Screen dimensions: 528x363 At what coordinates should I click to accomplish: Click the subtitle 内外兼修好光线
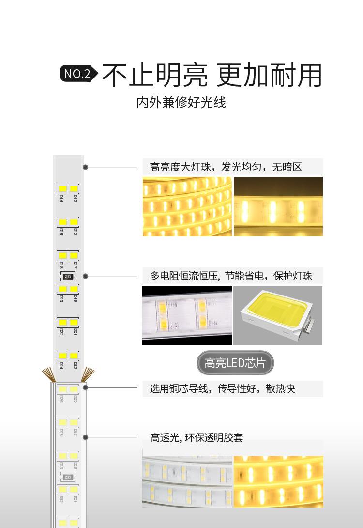(x=181, y=103)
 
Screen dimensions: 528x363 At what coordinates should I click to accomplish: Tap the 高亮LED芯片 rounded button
(x=235, y=363)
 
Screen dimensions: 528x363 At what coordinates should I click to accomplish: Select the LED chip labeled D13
(x=74, y=188)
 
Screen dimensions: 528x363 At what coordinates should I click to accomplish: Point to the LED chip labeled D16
(x=62, y=222)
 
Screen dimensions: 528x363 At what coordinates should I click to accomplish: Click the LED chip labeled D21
(x=74, y=322)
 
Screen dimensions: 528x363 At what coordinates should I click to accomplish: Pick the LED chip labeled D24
(x=62, y=355)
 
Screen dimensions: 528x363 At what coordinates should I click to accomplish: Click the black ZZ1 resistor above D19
(x=68, y=277)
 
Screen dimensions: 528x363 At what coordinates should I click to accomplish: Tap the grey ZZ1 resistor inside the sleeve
(x=68, y=477)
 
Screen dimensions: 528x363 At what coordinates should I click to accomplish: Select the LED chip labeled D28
(x=62, y=422)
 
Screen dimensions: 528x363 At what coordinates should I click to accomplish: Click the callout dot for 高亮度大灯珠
(x=85, y=167)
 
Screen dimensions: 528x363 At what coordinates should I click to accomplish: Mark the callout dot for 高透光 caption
(x=85, y=437)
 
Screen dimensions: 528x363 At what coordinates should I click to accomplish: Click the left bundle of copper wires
(x=47, y=374)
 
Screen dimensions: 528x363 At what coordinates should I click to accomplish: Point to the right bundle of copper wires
(x=88, y=374)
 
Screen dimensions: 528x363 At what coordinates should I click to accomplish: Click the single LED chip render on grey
(x=278, y=315)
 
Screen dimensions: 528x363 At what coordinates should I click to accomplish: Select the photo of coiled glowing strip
(x=187, y=206)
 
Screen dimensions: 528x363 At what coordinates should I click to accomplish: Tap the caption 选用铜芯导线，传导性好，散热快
(x=222, y=388)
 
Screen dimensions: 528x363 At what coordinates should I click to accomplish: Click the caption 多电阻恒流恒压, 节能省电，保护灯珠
(x=231, y=276)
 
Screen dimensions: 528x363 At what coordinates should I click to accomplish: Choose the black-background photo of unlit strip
(x=187, y=315)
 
